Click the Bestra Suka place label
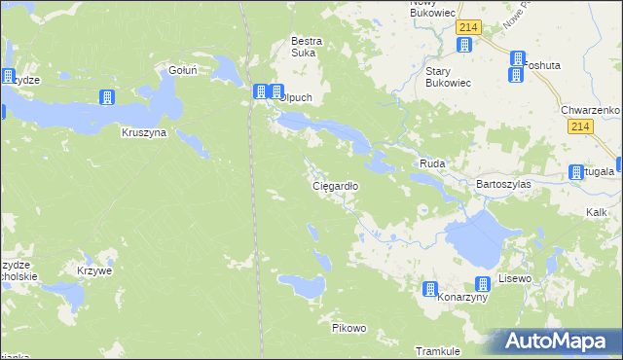tap(307, 48)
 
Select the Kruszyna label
tap(144, 132)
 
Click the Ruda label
tap(431, 164)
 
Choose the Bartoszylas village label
tap(502, 183)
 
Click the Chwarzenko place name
tap(591, 110)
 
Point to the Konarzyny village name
tap(462, 298)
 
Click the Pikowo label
tap(348, 328)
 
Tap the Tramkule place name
tap(437, 350)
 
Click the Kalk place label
tap(597, 211)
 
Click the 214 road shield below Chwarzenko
tap(582, 127)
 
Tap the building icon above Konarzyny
tap(429, 289)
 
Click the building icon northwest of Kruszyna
tap(107, 97)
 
